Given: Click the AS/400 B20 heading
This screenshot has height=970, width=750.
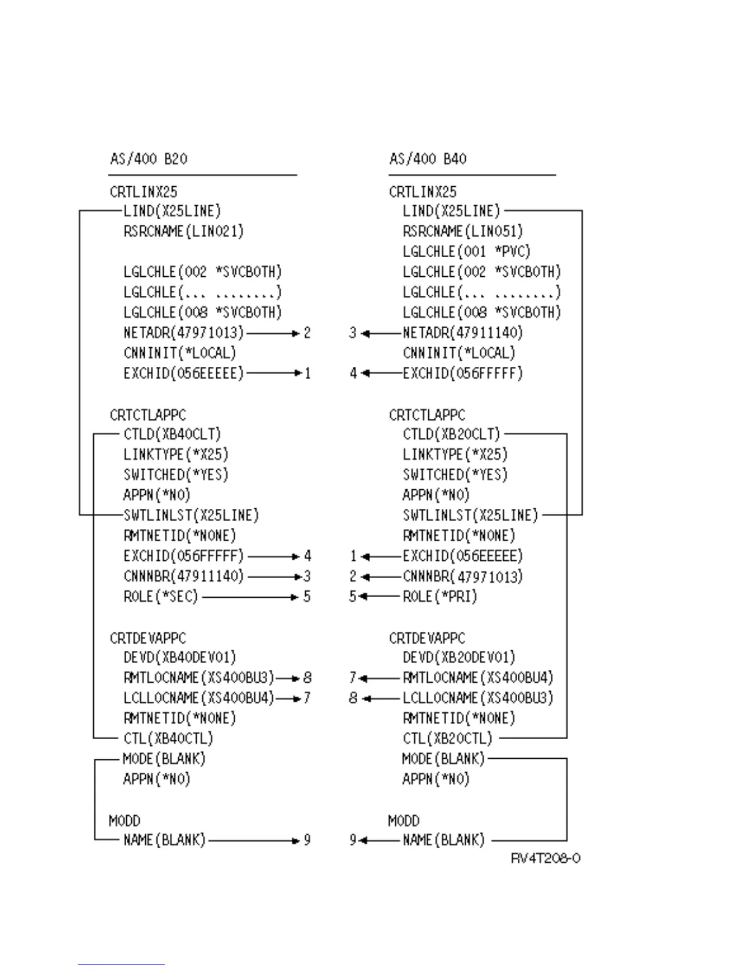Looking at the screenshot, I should pos(149,159).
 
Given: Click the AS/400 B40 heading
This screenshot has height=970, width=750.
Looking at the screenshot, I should pos(428,159).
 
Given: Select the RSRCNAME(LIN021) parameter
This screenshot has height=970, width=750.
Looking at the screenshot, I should pos(184,231).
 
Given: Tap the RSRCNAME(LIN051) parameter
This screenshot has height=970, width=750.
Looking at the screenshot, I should pos(463,231).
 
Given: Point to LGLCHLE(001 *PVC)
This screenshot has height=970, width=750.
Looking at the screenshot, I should pos(466,252).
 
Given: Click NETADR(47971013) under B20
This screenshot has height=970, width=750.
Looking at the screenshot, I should pos(184,333).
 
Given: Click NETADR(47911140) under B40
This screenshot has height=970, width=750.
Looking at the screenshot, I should pos(463,333).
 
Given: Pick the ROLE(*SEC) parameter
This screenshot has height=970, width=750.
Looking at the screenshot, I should pos(161,596).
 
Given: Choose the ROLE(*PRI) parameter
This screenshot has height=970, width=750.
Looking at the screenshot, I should pos(440,596).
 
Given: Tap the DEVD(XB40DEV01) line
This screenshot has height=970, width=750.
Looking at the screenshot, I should pos(180,658).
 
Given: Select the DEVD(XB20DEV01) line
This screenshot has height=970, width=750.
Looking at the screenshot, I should pos(459,658).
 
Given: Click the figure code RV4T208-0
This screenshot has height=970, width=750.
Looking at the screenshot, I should pos(545,859).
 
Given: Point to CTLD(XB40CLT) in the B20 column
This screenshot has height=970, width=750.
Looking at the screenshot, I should pos(172,434).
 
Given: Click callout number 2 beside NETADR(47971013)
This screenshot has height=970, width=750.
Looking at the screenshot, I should pos(307,333).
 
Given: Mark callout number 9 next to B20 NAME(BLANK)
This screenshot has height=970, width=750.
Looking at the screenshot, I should pos(307,840).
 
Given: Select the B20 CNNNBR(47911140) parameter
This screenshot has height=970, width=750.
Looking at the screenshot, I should pos(184,576).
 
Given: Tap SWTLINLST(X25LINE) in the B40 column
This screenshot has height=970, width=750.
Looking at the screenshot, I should pos(470,515).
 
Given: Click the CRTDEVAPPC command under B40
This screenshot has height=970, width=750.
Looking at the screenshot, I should pos(427,638).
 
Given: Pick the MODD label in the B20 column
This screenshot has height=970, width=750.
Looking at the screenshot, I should pos(124,821).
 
